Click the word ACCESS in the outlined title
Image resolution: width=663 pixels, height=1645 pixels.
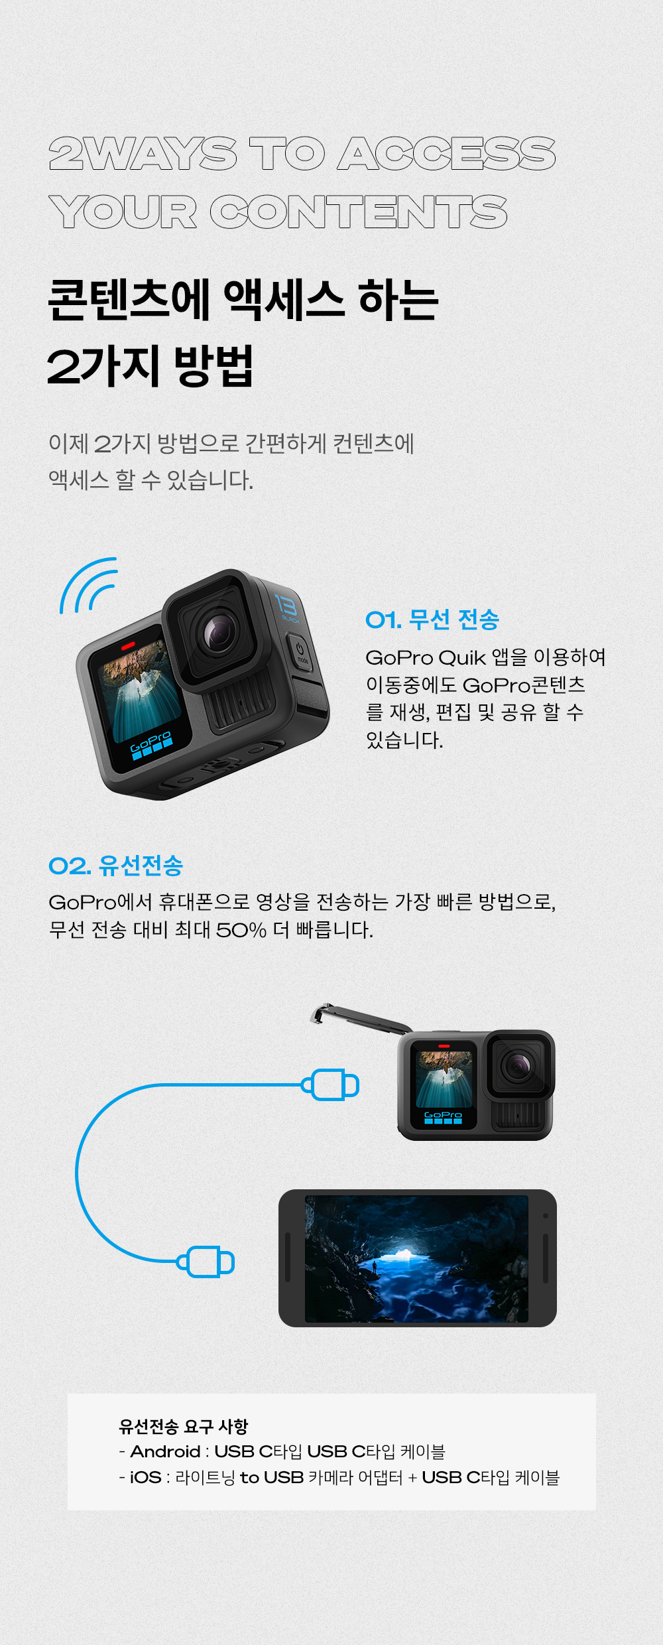pos(446,154)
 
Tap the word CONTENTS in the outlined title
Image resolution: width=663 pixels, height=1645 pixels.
pos(359,212)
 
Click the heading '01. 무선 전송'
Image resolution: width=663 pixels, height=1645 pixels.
pos(432,620)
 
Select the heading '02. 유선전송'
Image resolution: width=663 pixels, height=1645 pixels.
pos(116,865)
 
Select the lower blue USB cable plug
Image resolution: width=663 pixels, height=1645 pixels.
pos(206,1262)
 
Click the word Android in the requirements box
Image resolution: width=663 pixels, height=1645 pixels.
pos(165,1451)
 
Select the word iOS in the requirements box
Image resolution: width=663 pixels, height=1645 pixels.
pos(145,1477)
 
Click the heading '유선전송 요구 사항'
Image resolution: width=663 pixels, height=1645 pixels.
pos(183,1425)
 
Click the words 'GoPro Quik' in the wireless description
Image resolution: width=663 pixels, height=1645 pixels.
pos(426,657)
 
